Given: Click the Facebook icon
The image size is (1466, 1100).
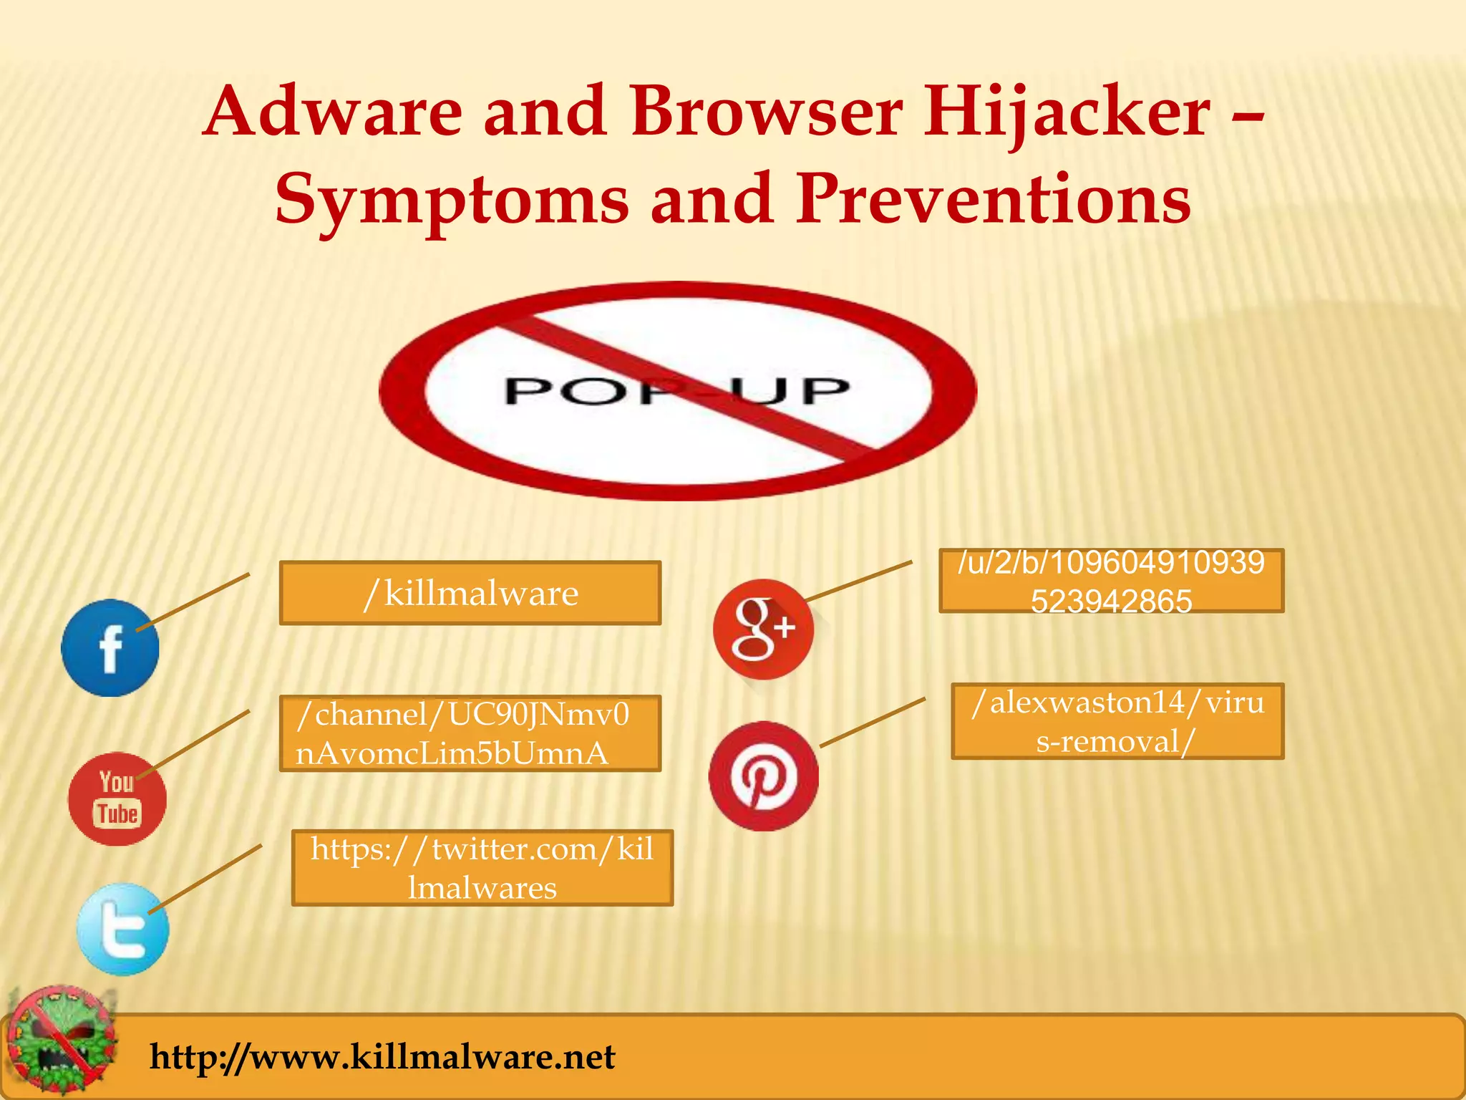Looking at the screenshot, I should click(110, 648).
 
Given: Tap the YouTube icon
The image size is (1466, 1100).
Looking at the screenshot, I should click(117, 799).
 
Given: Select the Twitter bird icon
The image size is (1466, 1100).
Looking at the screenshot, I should click(123, 930).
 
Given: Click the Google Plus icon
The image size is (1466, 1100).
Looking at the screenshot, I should click(763, 629).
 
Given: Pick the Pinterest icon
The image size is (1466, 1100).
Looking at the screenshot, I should click(763, 776).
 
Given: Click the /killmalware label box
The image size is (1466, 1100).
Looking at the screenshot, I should click(470, 593).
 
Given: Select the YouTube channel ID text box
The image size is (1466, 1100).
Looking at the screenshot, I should click(470, 733).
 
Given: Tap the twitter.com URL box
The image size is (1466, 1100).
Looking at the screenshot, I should click(482, 868).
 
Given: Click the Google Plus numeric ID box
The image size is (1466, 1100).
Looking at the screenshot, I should click(1111, 581).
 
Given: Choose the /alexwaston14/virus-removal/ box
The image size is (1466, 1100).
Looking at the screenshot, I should click(1117, 721).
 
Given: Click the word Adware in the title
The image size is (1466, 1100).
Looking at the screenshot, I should click(334, 112).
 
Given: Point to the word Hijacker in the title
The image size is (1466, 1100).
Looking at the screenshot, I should click(1067, 113).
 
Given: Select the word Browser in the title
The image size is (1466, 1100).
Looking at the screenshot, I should click(766, 112).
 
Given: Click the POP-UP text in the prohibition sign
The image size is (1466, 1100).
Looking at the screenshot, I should click(676, 391).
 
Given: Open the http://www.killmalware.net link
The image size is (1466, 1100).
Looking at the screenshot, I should click(382, 1057).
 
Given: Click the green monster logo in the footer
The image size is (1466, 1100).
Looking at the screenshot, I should click(63, 1040).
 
